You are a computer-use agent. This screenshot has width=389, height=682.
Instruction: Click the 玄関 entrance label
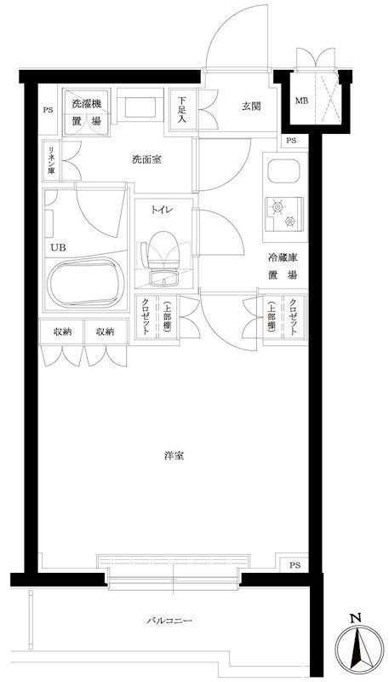coord(249,107)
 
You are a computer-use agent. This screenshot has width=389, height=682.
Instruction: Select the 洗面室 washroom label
coord(146,159)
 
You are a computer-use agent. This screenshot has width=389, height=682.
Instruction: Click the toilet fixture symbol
coord(163,252)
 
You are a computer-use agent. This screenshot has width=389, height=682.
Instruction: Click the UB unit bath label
coord(56,247)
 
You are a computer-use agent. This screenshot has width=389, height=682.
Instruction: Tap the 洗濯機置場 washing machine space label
coord(86,111)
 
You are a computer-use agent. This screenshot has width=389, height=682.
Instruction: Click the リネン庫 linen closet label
coord(50,159)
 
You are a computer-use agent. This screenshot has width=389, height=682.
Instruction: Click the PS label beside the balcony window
coord(295,565)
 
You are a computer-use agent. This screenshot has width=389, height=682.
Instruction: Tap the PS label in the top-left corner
coord(47,109)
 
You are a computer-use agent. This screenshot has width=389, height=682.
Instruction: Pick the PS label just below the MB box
coord(292,141)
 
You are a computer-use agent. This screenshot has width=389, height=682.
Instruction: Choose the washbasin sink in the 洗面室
coord(137,109)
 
